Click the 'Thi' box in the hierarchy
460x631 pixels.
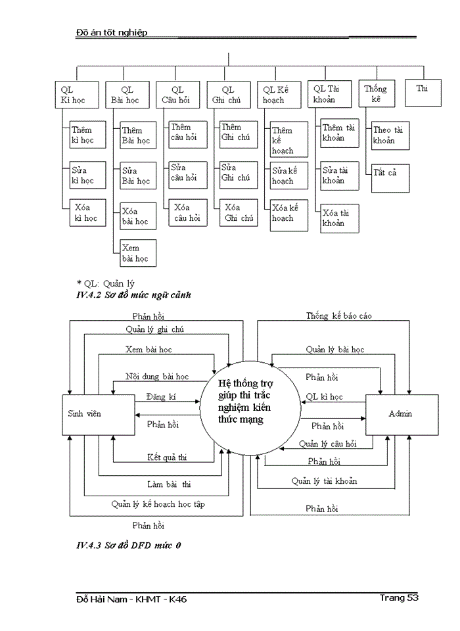[422, 94]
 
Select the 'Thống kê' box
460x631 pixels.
[377, 94]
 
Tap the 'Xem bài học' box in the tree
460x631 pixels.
[136, 253]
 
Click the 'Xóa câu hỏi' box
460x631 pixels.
[186, 213]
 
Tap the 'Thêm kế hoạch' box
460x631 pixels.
[288, 141]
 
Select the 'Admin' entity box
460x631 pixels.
[401, 414]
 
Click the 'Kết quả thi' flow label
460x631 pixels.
[168, 456]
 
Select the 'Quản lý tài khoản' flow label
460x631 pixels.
[324, 481]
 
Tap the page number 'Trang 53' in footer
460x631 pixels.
[399, 597]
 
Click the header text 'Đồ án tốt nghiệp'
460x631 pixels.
[112, 32]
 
